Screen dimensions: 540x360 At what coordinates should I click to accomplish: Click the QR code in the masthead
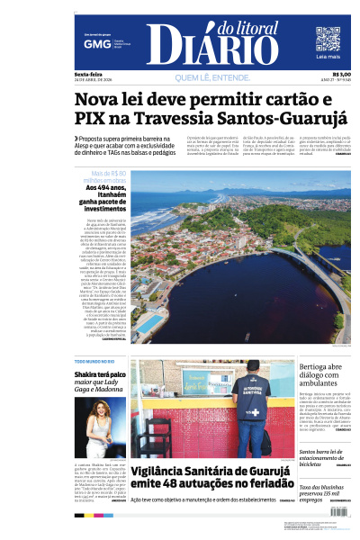[x=328, y=39]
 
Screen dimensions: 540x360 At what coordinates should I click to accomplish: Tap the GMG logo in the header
[x=92, y=43]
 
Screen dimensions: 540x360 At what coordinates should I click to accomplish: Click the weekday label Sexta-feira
[x=88, y=74]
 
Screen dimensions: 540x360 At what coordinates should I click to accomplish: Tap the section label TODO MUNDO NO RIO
[x=94, y=361]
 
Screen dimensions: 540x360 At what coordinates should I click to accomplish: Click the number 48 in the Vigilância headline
[x=198, y=484]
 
